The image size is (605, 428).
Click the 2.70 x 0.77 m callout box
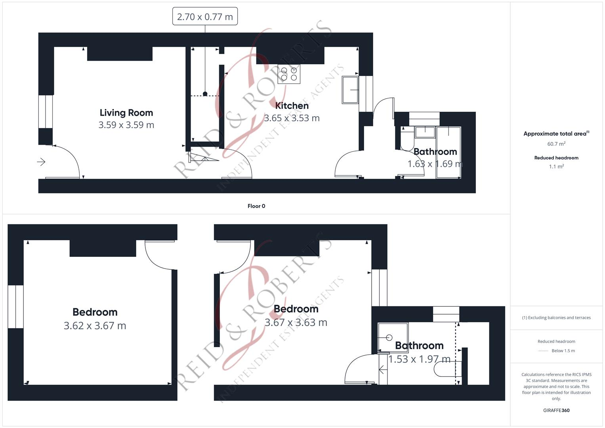(205, 17)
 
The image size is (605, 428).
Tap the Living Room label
(126, 113)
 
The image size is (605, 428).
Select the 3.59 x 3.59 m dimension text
(126, 125)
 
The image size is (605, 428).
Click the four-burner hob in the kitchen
(289, 74)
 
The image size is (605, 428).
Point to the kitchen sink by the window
(350, 90)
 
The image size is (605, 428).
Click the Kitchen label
(292, 106)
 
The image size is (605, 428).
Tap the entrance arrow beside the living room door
(41, 162)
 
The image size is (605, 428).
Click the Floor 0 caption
(256, 206)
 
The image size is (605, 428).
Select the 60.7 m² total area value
(556, 144)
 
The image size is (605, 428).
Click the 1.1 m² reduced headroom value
(556, 166)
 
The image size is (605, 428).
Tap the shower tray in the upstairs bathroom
(393, 337)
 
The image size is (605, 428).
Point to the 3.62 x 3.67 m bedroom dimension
(95, 326)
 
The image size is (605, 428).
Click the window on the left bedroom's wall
(15, 307)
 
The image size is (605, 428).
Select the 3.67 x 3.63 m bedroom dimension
(296, 323)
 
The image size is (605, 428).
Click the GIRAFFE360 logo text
(556, 410)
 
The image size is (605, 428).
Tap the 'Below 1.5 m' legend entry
(563, 351)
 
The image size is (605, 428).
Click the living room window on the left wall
(46, 111)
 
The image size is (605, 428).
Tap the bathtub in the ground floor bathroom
(449, 153)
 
